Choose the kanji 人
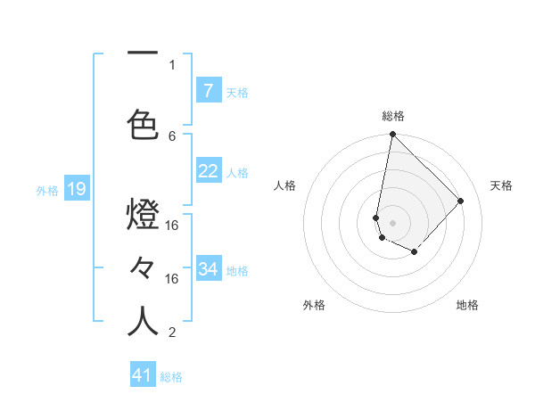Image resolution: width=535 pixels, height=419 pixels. (x=143, y=321)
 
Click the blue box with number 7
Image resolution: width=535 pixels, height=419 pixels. (x=209, y=90)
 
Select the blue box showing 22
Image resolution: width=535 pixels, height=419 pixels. (x=209, y=171)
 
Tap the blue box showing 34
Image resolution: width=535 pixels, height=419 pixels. (x=209, y=269)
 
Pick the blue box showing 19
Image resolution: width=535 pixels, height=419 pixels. (x=77, y=189)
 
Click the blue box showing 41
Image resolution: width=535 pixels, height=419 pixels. (x=143, y=375)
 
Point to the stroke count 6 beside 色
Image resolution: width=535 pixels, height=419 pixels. (x=172, y=136)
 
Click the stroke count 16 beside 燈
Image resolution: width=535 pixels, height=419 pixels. (x=172, y=226)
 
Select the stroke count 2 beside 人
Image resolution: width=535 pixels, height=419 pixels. (x=172, y=333)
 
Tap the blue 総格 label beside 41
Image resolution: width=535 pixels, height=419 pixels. (x=171, y=377)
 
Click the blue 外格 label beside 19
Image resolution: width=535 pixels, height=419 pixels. (x=47, y=190)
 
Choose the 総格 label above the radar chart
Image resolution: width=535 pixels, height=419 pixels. (x=393, y=116)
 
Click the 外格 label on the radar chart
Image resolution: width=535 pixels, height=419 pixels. (x=314, y=305)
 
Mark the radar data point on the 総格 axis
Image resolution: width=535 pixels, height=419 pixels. (x=392, y=135)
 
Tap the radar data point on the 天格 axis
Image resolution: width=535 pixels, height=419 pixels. (x=461, y=201)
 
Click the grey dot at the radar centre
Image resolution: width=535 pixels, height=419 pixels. (x=392, y=222)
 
